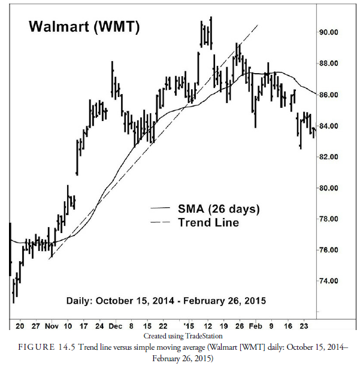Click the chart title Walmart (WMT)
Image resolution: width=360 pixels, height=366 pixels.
coord(84,27)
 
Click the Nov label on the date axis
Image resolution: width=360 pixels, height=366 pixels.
coord(52,327)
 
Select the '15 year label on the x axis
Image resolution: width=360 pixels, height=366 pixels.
coord(189,327)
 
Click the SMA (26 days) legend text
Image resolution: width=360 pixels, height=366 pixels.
coord(219,209)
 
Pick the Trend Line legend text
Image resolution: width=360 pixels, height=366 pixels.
coord(208,223)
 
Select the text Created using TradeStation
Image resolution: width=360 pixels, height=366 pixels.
coord(183,337)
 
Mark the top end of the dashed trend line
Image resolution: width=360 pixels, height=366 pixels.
coord(258,25)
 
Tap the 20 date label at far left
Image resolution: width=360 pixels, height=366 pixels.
coord(19,327)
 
